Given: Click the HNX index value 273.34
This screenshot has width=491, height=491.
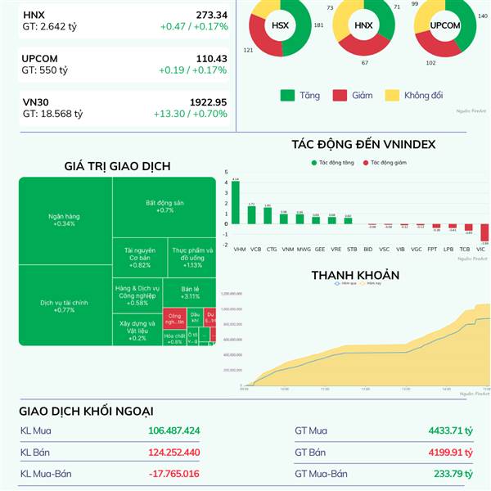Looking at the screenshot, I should click(211, 15).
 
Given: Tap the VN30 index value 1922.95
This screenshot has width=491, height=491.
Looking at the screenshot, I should click(209, 101).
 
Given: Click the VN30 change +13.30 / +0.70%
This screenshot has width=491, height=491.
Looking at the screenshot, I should click(190, 114).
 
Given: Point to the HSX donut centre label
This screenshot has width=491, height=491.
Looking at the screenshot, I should click(280, 25).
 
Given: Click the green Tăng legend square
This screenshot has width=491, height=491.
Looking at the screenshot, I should click(287, 95).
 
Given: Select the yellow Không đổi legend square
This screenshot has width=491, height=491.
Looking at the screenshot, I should click(391, 95).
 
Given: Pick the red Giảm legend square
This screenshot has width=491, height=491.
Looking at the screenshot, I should click(340, 95).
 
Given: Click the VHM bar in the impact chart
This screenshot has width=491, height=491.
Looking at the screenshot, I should click(236, 201).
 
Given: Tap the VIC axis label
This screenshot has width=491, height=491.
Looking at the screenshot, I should click(480, 248).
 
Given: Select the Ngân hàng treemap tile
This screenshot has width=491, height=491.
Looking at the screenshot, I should click(65, 219).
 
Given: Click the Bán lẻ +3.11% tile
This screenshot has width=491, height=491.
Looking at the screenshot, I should click(191, 292).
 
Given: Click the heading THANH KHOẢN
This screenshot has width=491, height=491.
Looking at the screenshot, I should click(355, 275).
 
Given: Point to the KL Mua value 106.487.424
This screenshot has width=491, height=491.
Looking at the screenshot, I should click(174, 430).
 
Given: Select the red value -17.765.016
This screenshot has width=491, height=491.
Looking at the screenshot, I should click(174, 473).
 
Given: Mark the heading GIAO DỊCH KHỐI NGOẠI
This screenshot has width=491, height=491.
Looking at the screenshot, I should click(87, 411).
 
